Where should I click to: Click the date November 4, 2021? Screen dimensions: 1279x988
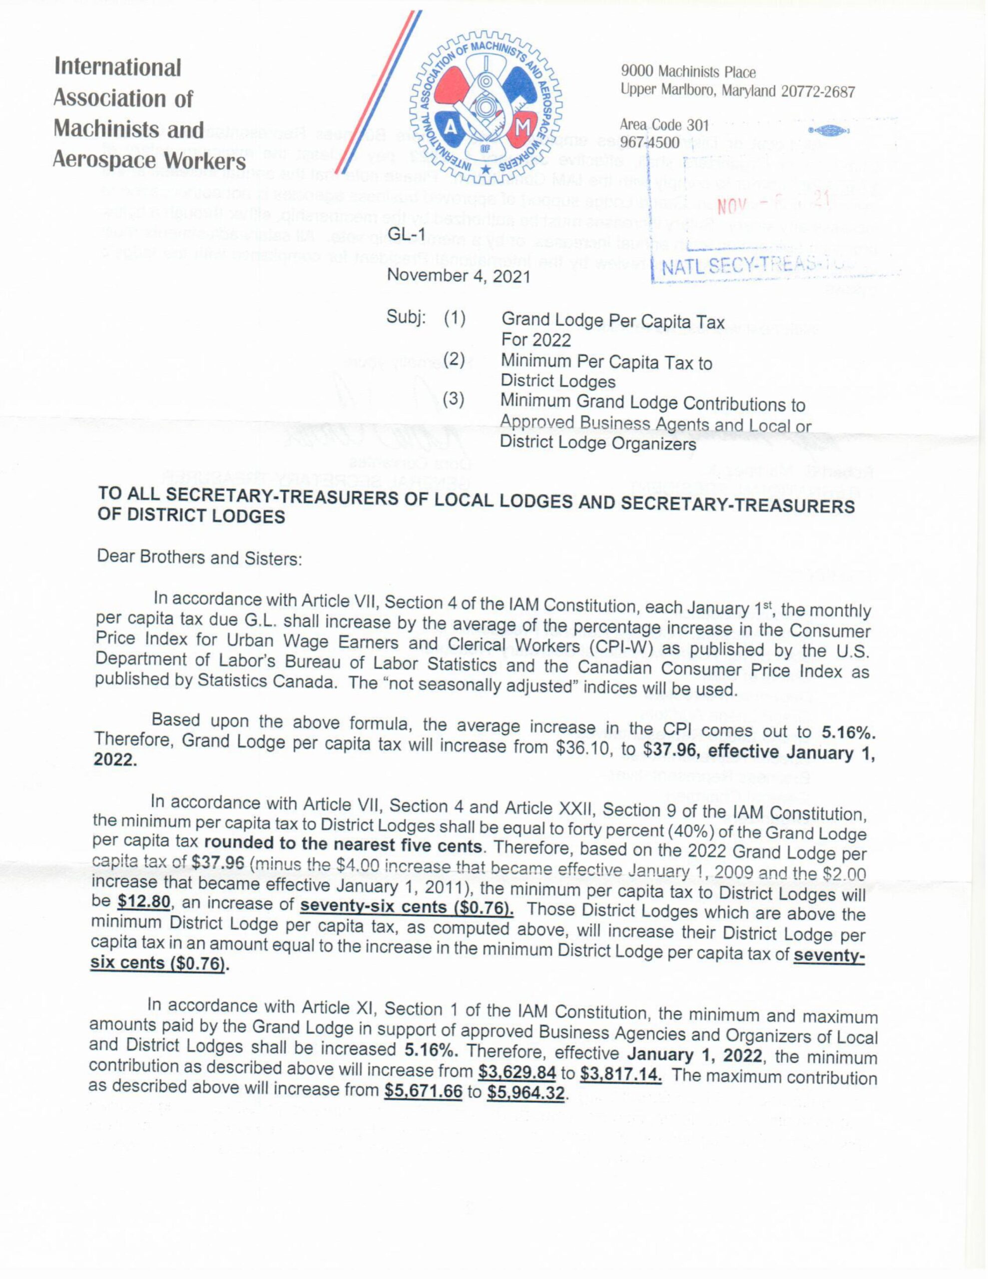[459, 276]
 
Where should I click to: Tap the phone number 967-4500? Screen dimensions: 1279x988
[649, 142]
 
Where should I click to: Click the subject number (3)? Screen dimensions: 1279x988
[454, 400]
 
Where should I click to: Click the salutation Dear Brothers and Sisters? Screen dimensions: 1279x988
[199, 557]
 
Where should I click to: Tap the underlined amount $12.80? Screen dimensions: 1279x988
[143, 902]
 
